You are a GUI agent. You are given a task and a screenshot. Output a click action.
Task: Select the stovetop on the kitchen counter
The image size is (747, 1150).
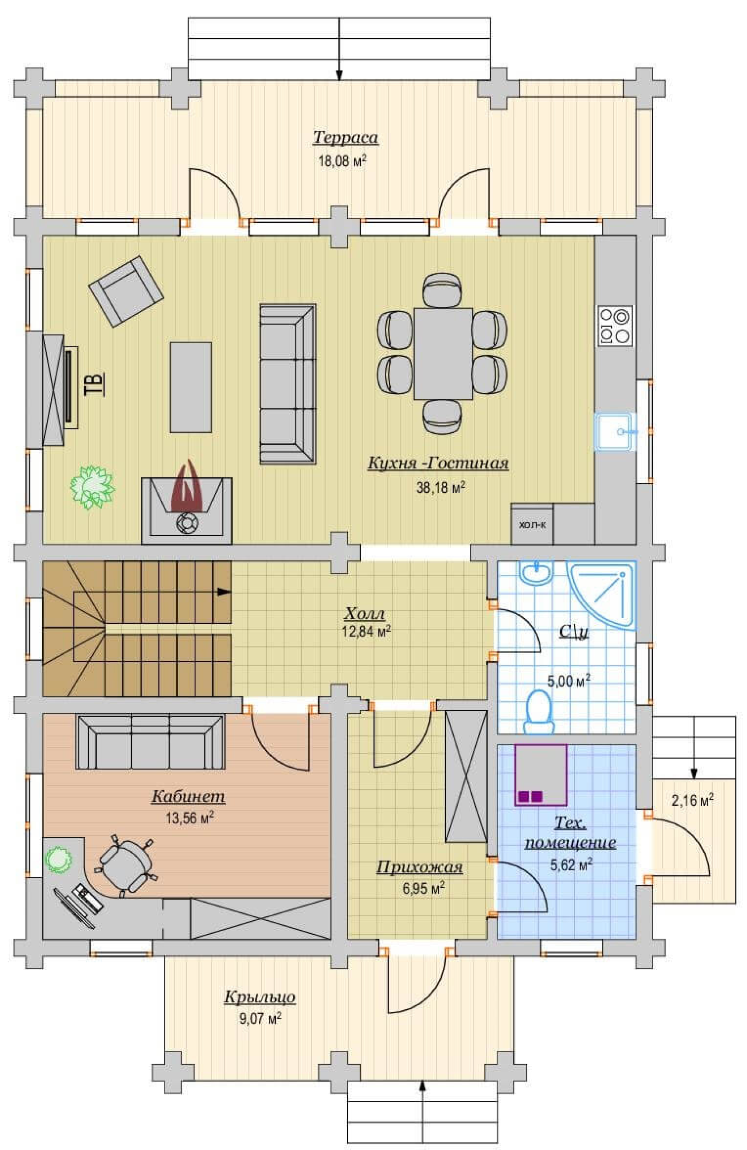point(615,325)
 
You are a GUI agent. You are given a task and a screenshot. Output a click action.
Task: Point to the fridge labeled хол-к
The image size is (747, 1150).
point(532,524)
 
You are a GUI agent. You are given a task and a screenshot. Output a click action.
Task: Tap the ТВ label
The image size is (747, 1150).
point(94,384)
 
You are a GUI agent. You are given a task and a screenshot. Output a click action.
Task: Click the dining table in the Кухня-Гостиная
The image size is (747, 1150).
point(443,353)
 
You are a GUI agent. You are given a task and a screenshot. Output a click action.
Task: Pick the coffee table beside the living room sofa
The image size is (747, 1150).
point(190,387)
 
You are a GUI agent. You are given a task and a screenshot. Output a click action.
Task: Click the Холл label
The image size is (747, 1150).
point(365,614)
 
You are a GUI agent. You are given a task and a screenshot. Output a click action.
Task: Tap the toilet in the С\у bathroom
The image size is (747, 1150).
point(539,711)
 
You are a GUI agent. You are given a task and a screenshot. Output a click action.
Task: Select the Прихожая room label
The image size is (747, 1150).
point(420,867)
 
